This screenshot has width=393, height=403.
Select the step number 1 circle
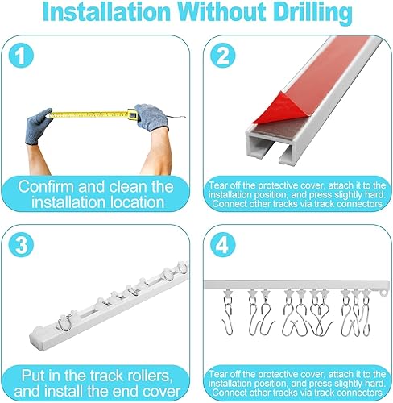pos(21,56)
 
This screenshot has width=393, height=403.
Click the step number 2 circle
pos(222,56)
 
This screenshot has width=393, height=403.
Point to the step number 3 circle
pos(21,245)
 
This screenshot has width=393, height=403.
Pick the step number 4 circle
pos(222,245)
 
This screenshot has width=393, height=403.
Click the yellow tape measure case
pos(132,114)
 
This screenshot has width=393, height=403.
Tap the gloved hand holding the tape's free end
pos(38,126)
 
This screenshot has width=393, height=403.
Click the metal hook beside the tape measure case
pos(176,117)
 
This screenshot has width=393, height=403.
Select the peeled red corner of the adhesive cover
pos(268,108)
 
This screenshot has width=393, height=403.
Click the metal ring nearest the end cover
pos(64,322)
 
